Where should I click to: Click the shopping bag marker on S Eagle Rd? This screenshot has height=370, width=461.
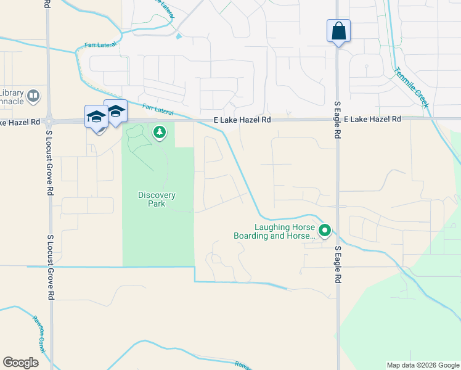(x=338, y=30)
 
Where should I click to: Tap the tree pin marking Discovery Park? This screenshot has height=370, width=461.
(x=160, y=131)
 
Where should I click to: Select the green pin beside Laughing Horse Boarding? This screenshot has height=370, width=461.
(x=325, y=231)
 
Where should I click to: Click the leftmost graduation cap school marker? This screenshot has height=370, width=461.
(x=96, y=117)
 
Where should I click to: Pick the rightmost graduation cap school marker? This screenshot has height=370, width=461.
(x=115, y=111)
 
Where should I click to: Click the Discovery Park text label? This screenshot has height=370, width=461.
(x=157, y=199)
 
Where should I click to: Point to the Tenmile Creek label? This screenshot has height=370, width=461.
(x=412, y=88)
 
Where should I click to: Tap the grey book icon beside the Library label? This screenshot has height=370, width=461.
(x=33, y=96)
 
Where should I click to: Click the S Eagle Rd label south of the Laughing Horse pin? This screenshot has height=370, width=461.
(x=338, y=265)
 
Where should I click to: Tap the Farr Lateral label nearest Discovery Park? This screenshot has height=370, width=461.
(x=157, y=110)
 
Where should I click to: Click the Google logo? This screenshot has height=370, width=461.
(x=21, y=362)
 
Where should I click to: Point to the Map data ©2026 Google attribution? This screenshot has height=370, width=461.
(x=423, y=365)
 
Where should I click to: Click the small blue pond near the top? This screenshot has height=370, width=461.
(x=179, y=36)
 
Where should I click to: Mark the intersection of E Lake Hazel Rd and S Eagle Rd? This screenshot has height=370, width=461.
(x=337, y=120)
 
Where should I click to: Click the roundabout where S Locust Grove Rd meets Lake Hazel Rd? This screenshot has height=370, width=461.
(x=50, y=121)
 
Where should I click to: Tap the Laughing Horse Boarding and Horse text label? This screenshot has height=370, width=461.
(x=274, y=231)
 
